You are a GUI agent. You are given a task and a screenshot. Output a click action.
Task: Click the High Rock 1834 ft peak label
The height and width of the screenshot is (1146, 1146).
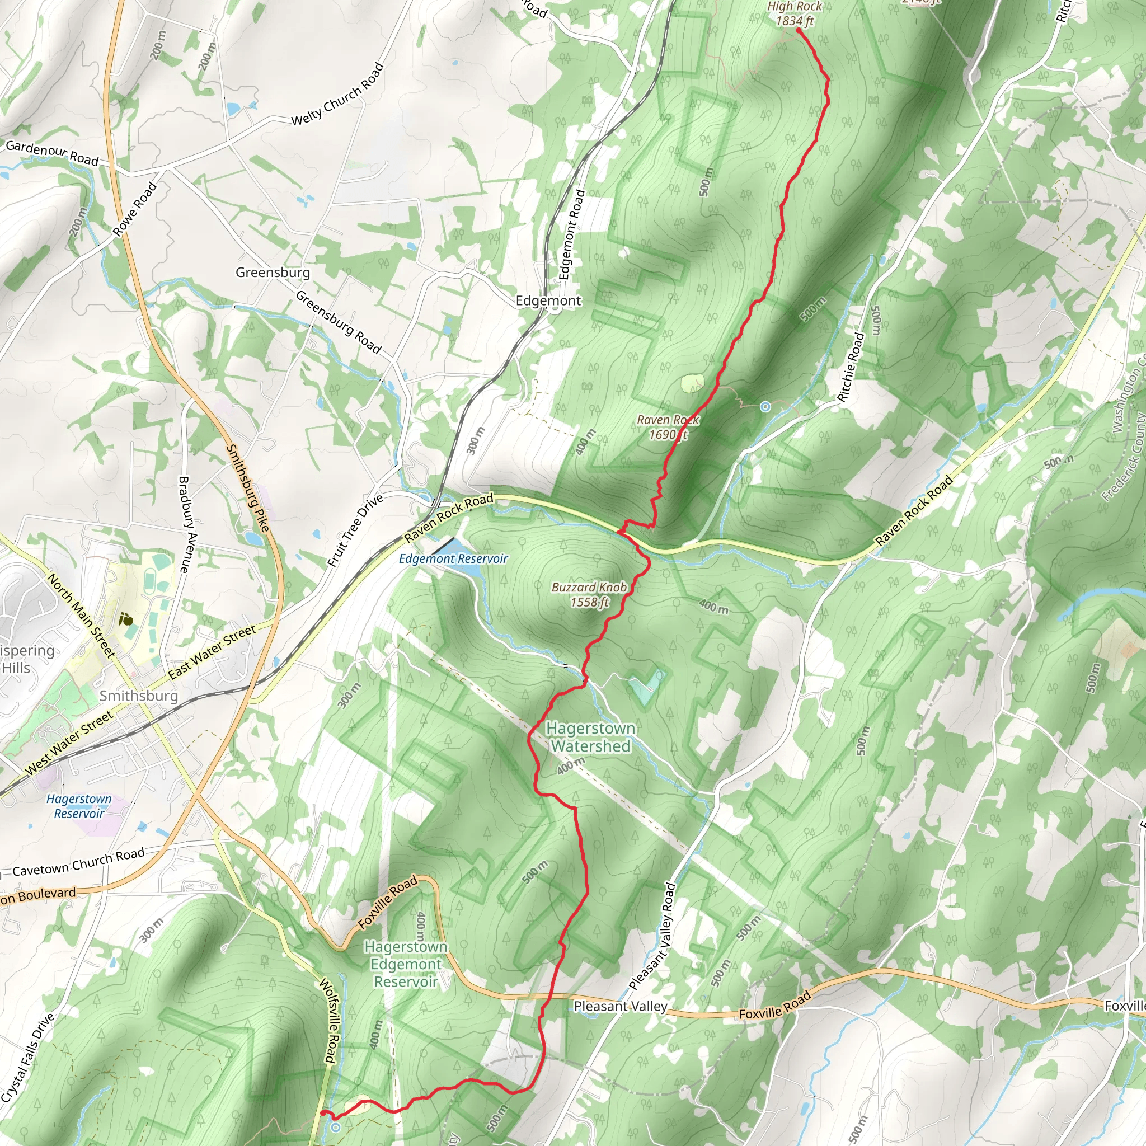click(x=795, y=13)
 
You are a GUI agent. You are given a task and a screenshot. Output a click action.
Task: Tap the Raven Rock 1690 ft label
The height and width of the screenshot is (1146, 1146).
click(x=668, y=427)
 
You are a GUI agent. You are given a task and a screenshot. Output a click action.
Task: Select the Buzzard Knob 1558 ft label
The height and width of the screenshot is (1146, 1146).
click(x=589, y=594)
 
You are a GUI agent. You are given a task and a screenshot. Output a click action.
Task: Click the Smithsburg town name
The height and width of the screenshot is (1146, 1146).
click(x=138, y=696)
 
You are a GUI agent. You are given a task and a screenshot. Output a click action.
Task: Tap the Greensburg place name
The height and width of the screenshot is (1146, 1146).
click(x=273, y=273)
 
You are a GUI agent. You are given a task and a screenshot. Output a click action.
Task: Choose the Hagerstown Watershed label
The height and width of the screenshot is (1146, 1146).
click(x=590, y=737)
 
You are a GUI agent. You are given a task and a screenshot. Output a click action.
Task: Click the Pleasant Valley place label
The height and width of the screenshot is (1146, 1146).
click(x=621, y=1006)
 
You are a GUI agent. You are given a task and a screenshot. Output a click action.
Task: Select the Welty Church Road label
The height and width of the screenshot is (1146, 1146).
click(x=337, y=93)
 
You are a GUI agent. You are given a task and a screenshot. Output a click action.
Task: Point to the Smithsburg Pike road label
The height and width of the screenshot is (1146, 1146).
click(x=249, y=487)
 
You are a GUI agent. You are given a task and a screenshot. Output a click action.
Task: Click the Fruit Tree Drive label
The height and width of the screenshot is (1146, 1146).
click(x=356, y=530)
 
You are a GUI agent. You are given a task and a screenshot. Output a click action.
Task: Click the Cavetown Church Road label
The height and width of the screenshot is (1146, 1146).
click(x=78, y=862)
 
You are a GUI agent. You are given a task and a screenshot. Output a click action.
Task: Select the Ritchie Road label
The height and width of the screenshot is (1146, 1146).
click(x=851, y=367)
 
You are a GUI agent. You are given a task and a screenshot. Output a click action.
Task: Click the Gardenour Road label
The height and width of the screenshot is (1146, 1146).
click(x=52, y=152)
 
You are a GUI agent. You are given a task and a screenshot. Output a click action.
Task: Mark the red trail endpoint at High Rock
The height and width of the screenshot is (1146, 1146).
click(x=799, y=29)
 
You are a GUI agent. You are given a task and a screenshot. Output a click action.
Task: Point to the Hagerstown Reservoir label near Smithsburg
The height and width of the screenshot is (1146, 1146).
click(x=79, y=806)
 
